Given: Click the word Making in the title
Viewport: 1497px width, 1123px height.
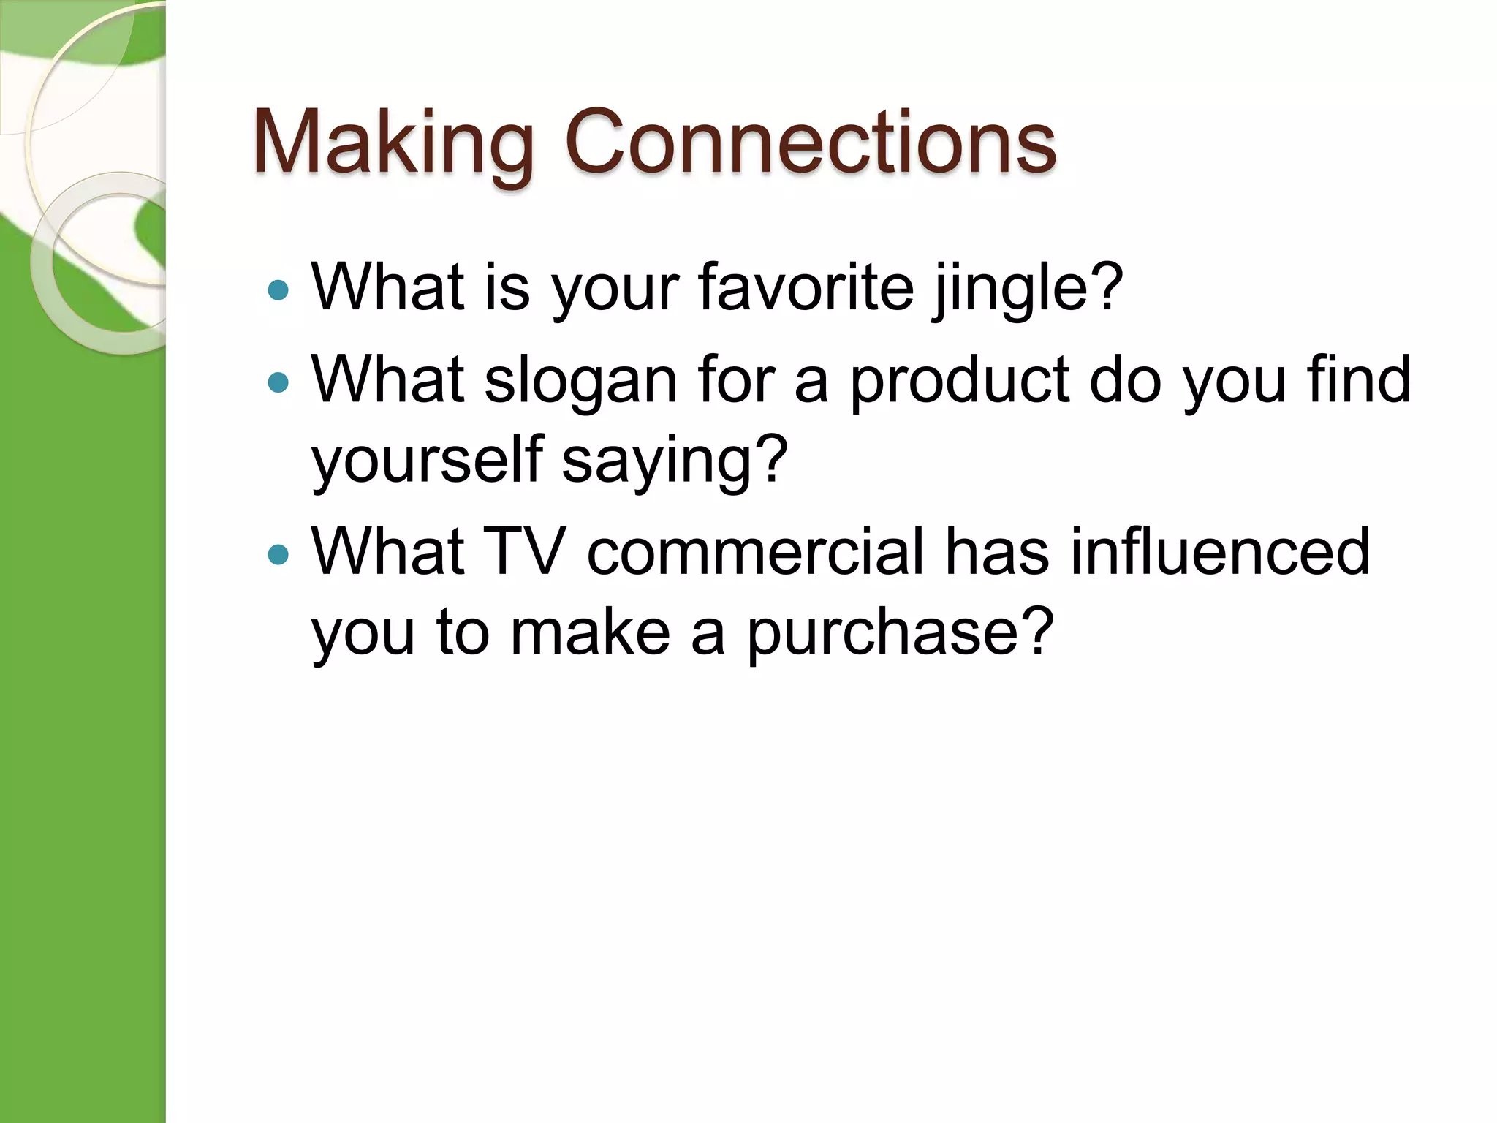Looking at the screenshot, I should coord(393,142).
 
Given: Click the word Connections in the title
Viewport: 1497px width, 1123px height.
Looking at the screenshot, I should coord(810,142).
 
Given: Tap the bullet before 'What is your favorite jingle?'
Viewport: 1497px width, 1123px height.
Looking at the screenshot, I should coord(278,291).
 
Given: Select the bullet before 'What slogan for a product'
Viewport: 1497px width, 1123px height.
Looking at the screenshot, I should coord(278,382).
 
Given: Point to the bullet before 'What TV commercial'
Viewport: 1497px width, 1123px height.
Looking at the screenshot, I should coord(278,555).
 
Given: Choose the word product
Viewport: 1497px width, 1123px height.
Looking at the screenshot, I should coord(959,382).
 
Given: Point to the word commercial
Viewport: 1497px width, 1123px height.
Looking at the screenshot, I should coord(756,551).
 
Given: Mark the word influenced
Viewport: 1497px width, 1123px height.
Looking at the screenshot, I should coord(1220,551).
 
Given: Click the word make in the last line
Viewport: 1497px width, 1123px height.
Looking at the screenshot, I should coord(590,632).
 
